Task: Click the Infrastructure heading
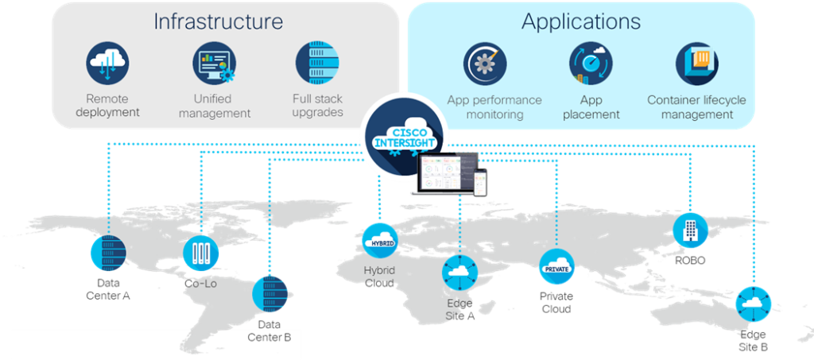tap(219, 21)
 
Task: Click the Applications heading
tap(581, 21)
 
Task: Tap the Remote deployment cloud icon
tap(107, 64)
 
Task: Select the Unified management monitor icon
tap(214, 64)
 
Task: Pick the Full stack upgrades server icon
tap(317, 64)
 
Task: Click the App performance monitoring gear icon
tap(485, 64)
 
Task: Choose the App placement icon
tap(591, 64)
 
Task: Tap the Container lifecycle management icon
tap(697, 64)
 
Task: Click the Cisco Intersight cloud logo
tap(404, 136)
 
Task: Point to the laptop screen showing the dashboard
tap(446, 172)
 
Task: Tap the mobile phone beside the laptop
tap(481, 183)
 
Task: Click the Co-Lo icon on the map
tap(201, 254)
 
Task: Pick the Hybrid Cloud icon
tap(380, 241)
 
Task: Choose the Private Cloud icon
tap(556, 267)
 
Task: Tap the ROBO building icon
tap(691, 230)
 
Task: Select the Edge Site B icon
tap(754, 305)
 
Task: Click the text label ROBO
tap(690, 261)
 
